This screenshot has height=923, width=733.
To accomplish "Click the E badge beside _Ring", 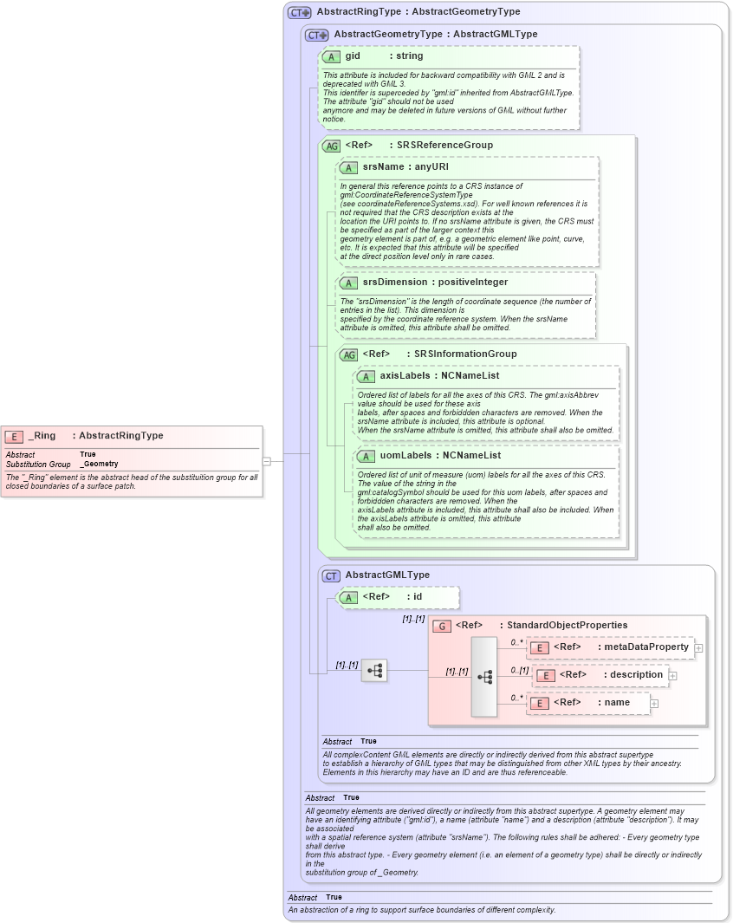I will tap(14, 436).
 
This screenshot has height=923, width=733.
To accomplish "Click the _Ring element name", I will tap(42, 436).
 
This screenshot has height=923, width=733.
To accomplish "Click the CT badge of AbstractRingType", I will tap(299, 12).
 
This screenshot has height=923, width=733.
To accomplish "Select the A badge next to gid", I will tap(331, 56).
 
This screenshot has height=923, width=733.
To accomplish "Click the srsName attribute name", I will tap(383, 166).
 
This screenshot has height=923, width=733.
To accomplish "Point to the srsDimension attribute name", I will tap(395, 282).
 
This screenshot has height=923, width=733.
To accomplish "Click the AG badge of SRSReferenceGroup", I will tap(331, 146).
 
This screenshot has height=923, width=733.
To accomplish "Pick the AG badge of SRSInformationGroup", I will tap(348, 354).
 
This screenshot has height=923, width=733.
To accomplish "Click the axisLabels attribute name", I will tap(407, 375).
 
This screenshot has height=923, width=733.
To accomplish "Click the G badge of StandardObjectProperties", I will tap(442, 625).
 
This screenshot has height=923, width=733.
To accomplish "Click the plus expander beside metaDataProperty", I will tap(698, 647).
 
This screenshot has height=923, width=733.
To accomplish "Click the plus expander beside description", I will tap(672, 675).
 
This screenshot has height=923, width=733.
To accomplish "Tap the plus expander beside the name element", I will tap(654, 703).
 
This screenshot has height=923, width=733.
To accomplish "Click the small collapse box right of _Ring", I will tap(267, 461).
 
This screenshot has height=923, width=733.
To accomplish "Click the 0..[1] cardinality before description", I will tap(520, 670).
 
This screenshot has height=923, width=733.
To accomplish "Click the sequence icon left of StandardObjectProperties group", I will tap(373, 670).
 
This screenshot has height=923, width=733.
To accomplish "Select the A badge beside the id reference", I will tap(348, 597).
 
